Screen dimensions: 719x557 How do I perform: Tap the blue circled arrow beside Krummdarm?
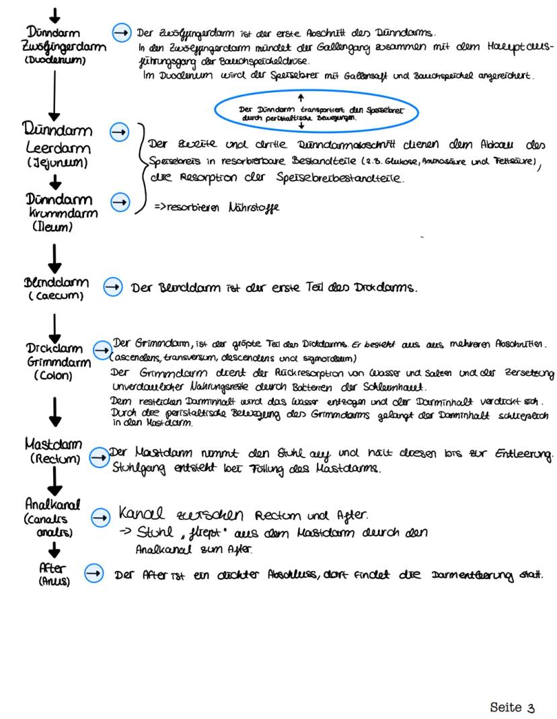pyautogui.click(x=118, y=200)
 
